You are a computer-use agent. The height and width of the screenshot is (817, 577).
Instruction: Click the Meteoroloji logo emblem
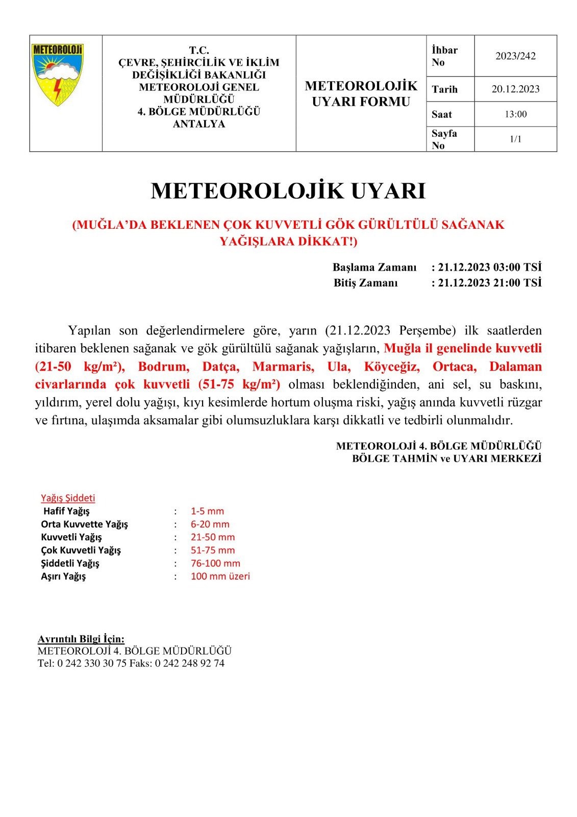coord(57,75)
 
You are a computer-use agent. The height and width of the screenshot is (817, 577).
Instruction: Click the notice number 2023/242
coord(515,56)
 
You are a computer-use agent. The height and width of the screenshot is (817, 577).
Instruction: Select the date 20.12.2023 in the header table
coord(515,89)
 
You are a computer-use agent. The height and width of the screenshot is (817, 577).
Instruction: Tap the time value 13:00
coord(515,114)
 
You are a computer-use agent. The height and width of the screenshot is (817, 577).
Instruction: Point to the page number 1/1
coord(515,139)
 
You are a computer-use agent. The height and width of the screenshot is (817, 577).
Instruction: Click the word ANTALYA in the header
coord(199,124)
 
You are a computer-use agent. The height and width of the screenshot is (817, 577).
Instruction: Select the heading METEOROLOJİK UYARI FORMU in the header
coord(361,93)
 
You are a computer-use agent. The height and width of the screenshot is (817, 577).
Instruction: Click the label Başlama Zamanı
coord(374,267)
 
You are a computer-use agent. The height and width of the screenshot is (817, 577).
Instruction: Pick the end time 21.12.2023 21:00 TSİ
coord(489,283)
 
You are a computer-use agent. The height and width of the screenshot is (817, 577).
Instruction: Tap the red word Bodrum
coord(163,367)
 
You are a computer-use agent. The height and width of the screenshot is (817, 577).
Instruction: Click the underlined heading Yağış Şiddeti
coord(68,498)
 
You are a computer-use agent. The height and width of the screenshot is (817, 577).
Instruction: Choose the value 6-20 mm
coord(210,524)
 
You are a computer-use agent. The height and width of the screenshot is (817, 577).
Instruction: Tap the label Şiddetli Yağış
coord(70,563)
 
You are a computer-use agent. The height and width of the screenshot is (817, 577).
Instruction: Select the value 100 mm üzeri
coord(220,576)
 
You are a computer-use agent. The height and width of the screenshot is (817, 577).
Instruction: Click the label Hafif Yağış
coord(66,511)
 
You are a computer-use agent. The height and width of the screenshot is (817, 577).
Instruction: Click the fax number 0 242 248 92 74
coord(189,663)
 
